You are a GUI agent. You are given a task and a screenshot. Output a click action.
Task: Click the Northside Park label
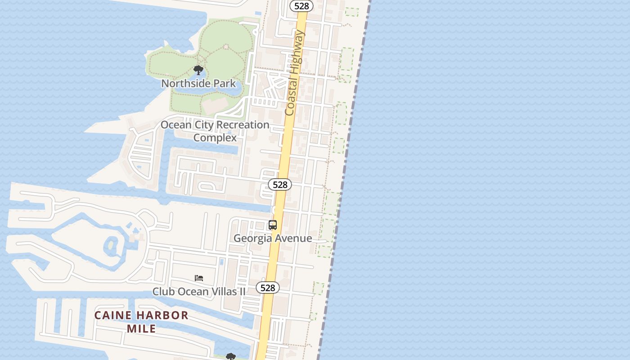(198, 83)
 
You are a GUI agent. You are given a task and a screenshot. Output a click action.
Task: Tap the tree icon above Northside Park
(198, 70)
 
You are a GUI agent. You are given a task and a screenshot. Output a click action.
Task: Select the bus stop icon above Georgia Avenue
(272, 225)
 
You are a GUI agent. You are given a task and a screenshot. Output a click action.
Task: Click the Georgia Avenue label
(273, 238)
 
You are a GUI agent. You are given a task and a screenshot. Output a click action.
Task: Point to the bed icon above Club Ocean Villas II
(199, 278)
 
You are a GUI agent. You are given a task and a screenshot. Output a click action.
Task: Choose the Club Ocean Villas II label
(199, 292)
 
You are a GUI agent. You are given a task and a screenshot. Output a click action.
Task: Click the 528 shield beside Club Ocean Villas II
(268, 288)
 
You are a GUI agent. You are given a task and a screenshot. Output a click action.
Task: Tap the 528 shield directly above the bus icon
(280, 184)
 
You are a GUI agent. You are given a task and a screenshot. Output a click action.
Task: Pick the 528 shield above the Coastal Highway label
(301, 6)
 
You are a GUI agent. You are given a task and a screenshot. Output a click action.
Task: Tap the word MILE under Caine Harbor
(141, 328)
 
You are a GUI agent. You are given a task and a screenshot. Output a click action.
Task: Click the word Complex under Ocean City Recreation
(215, 138)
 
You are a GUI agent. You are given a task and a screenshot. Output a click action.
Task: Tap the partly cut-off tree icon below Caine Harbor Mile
(231, 356)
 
